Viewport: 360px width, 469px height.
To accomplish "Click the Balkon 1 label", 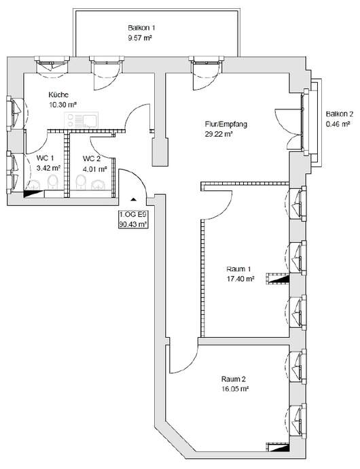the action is (x=141, y=28).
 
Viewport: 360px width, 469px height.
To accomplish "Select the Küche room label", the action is (x=58, y=94).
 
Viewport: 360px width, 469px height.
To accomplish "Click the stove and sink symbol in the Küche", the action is (x=82, y=120).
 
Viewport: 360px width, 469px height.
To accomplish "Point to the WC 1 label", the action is (x=45, y=158).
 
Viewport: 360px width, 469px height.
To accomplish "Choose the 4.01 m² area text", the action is (x=95, y=169).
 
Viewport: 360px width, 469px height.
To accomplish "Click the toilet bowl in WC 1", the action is (x=53, y=182).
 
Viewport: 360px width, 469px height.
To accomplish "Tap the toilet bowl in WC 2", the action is (x=81, y=182).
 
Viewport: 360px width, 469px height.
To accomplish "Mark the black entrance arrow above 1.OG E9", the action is (x=133, y=199).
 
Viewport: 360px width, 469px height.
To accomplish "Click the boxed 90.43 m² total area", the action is (x=133, y=224).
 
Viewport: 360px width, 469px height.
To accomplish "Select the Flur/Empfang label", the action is (x=226, y=124).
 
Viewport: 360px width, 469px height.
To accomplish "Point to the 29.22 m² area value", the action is (x=219, y=134).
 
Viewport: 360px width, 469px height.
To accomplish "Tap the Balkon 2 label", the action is (x=340, y=114).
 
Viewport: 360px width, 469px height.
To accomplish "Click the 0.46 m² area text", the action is (x=338, y=124).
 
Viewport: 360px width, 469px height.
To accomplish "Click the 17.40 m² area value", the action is (x=240, y=279).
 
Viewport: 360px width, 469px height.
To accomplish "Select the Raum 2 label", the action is (x=234, y=379).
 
